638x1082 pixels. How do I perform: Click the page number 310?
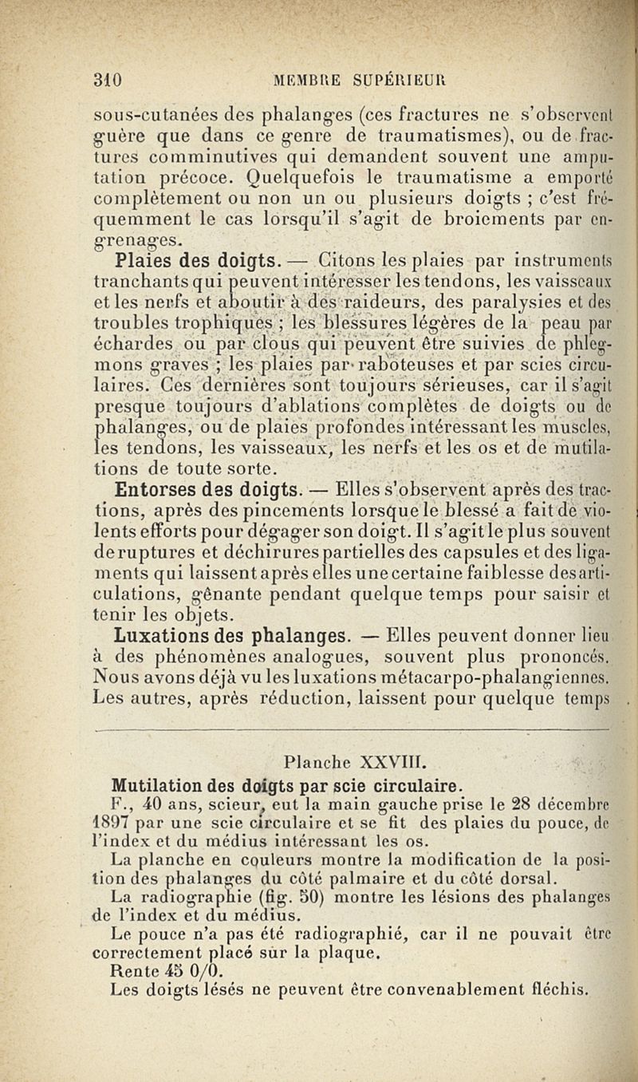[106, 80]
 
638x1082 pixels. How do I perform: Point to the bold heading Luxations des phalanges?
[232, 636]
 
